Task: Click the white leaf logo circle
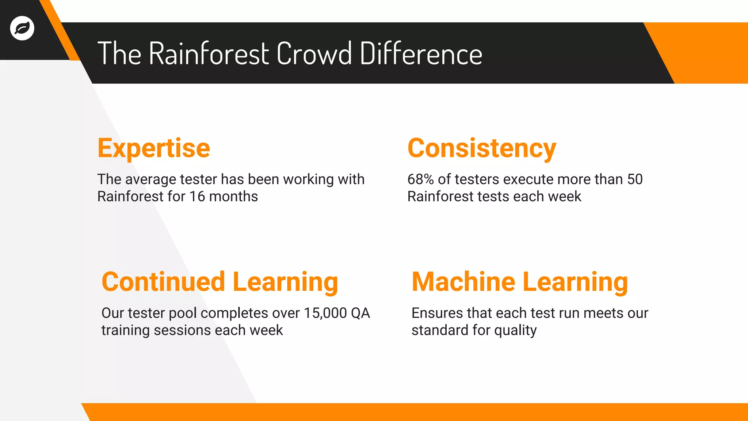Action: click(x=22, y=28)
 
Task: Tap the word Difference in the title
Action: click(x=421, y=54)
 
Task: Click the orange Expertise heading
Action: click(x=154, y=148)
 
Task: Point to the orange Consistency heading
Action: click(x=482, y=148)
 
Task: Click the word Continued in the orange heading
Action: click(x=163, y=282)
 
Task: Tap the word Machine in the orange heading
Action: click(x=463, y=282)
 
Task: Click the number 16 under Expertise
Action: click(x=197, y=197)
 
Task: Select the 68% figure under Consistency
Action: click(x=420, y=179)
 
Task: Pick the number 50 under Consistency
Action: click(x=635, y=179)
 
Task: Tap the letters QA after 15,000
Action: click(x=360, y=313)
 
